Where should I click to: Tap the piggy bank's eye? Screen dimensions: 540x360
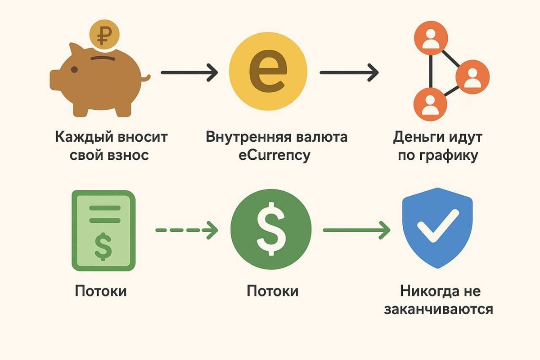click(74, 70)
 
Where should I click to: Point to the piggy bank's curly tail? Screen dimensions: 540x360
click(145, 79)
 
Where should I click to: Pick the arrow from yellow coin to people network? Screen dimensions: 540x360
click(349, 72)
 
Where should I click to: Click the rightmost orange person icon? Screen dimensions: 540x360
click(472, 79)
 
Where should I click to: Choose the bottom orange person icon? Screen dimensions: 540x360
click(430, 104)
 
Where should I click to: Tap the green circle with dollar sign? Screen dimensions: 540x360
click(270, 230)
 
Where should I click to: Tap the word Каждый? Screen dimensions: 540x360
click(81, 137)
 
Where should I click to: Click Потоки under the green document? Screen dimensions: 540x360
click(101, 291)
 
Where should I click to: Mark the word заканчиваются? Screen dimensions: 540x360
click(438, 310)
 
